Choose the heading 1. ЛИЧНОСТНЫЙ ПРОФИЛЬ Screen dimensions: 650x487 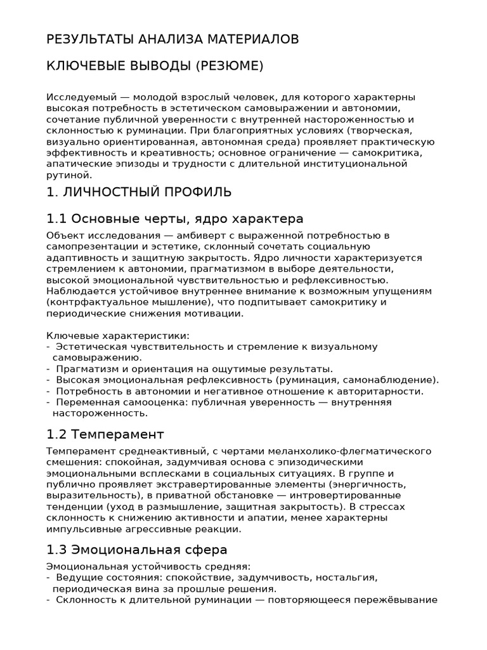tap(139, 192)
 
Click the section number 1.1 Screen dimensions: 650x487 tap(56, 219)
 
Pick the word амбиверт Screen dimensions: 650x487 tap(181, 235)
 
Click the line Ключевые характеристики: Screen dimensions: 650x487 tap(118, 335)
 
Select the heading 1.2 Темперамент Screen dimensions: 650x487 tap(105, 435)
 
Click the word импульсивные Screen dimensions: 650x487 tap(83, 529)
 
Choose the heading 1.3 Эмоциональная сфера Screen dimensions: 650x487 tap(137, 550)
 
